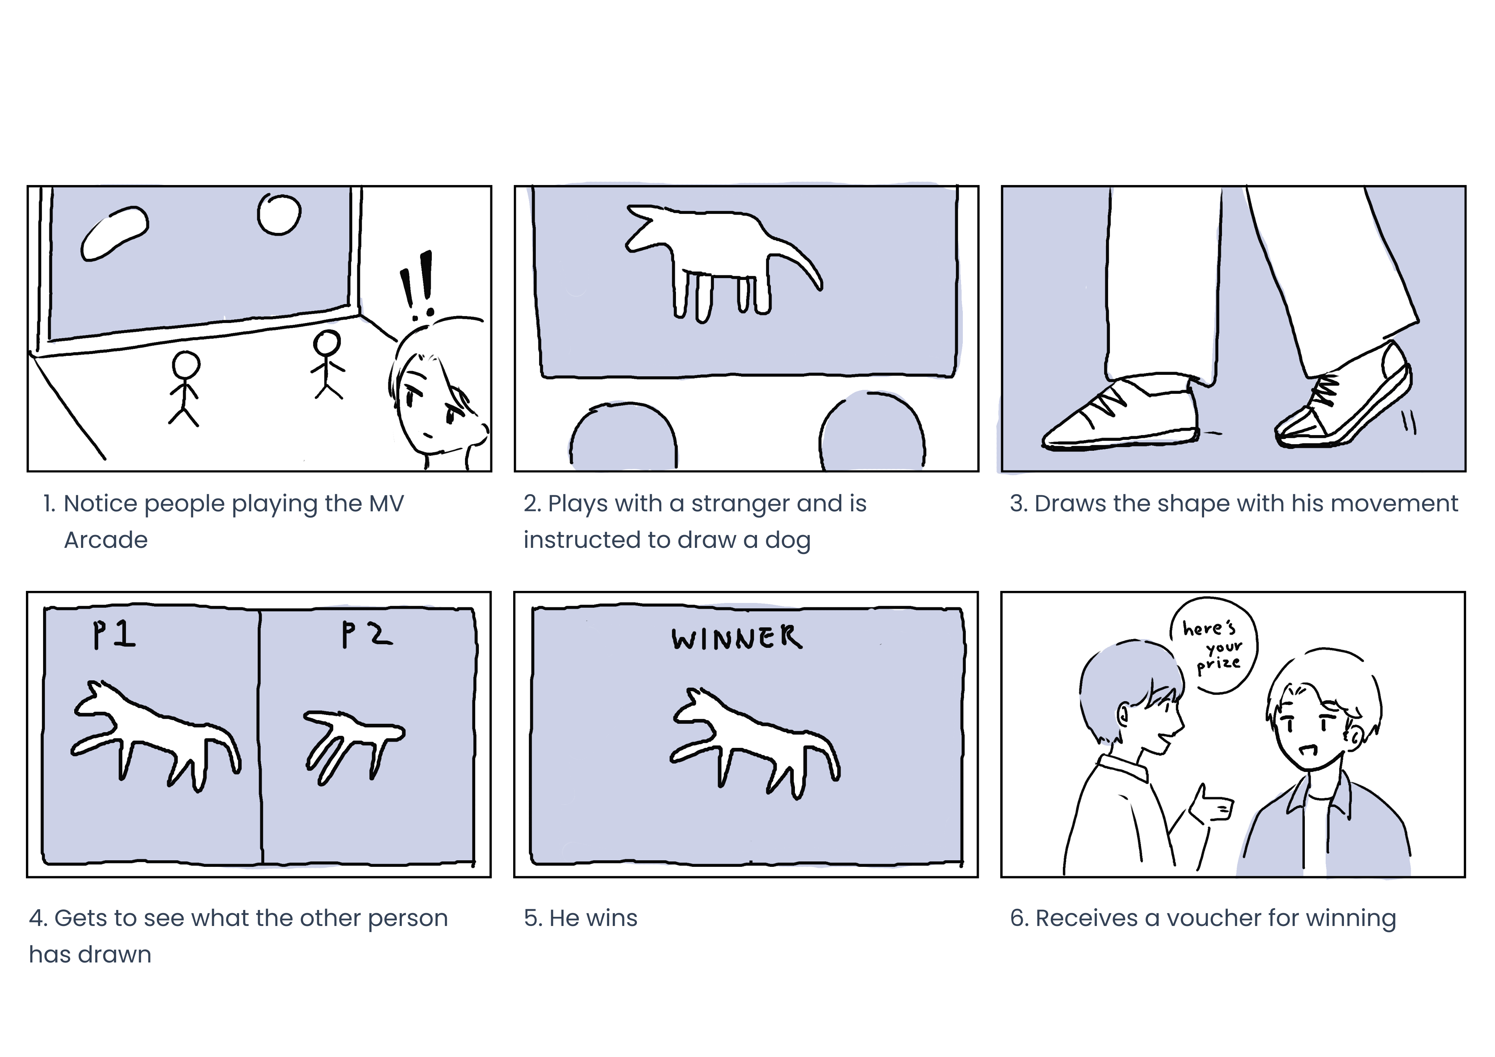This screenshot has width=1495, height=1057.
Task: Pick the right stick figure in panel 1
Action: [x=327, y=365]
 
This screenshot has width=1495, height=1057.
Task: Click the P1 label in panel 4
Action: [x=114, y=634]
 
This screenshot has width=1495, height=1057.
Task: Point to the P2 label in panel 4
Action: [x=366, y=634]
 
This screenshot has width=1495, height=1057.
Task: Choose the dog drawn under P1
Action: [x=156, y=736]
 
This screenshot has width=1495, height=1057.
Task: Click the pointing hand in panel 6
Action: [x=1212, y=805]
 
